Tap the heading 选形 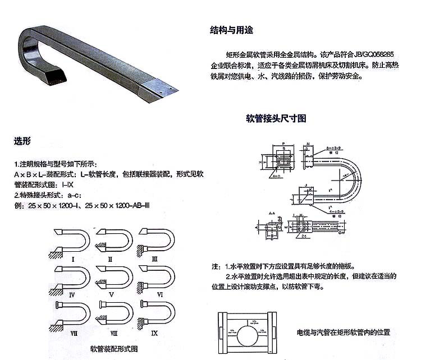point(21,141)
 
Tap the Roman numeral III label point(154,259)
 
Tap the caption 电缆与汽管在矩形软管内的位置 point(343,333)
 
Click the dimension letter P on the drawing point(285,144)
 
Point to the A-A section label point(272,213)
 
